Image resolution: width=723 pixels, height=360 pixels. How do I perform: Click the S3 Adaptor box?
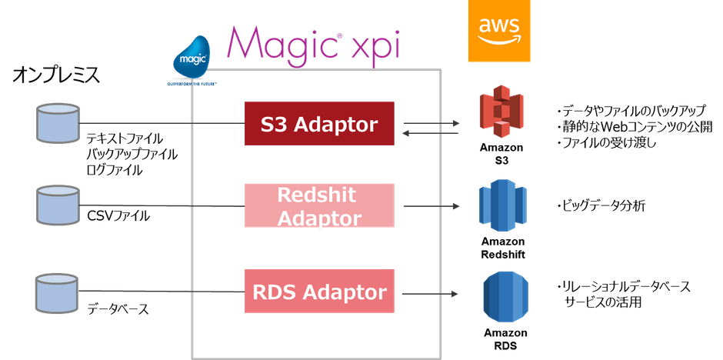(x=320, y=122)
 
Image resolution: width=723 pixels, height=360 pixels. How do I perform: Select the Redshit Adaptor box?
(x=320, y=205)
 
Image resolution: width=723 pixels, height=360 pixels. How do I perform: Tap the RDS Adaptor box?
(x=320, y=292)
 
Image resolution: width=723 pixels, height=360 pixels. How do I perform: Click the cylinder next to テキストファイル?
(x=57, y=123)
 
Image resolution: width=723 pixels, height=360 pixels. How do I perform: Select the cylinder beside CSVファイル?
(x=57, y=205)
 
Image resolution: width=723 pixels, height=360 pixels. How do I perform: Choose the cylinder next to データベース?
(x=57, y=292)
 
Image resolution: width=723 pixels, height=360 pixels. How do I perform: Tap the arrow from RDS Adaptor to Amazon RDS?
(x=431, y=292)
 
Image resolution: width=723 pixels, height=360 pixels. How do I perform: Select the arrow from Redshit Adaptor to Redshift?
(x=431, y=205)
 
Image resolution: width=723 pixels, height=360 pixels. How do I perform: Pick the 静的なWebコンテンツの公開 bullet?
(x=634, y=126)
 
